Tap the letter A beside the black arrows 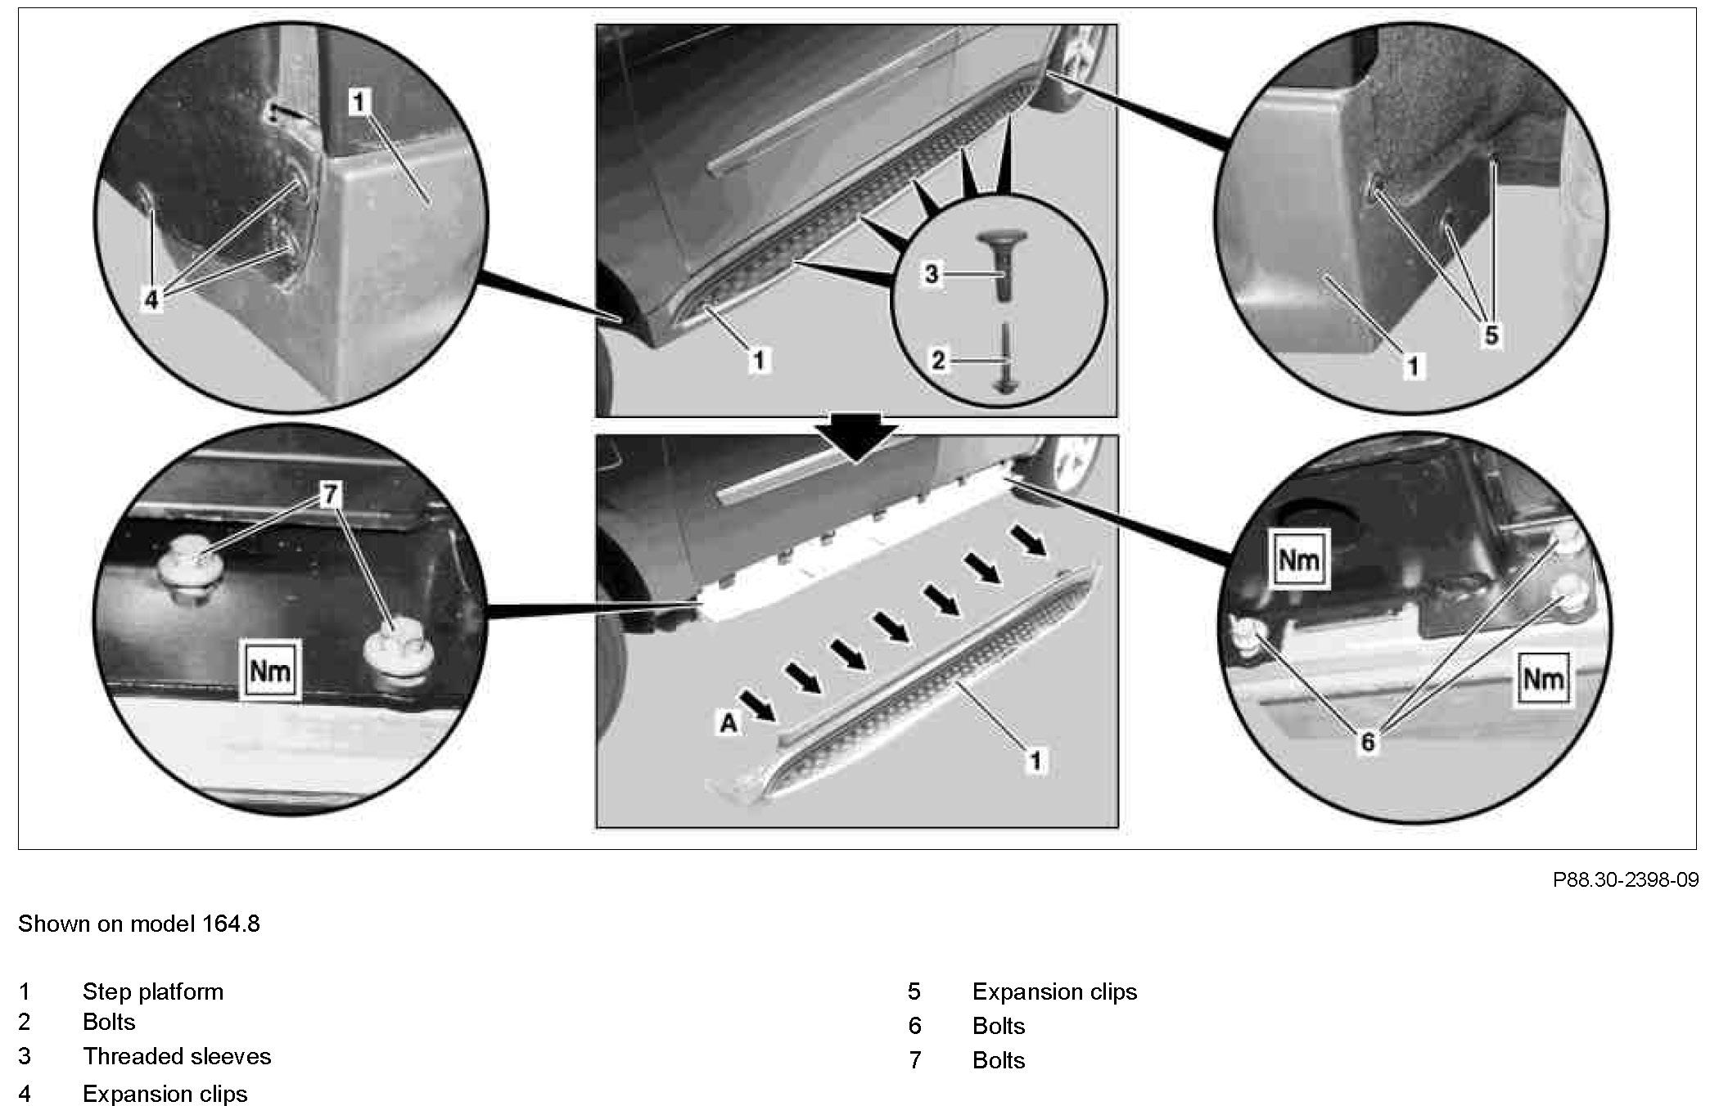728,723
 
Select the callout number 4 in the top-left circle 152,300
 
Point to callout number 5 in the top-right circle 1491,335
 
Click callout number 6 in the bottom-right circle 1368,742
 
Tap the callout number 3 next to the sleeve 931,274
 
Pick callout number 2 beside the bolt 939,359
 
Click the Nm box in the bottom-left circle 270,671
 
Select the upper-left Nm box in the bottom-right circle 1299,560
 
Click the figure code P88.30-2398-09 1625,879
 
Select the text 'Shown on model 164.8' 139,924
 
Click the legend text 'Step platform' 153,991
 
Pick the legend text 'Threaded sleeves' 177,1056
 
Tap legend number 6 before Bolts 915,1026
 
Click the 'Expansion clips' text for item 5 1054,991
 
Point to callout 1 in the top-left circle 359,102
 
